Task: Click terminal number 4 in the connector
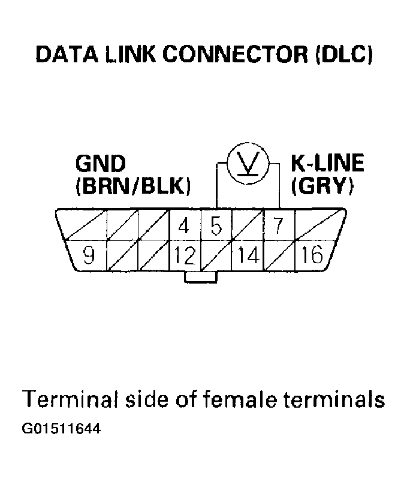click(185, 226)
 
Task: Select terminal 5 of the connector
click(216, 226)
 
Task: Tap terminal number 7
click(278, 226)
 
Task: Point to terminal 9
click(89, 256)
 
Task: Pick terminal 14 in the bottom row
click(247, 257)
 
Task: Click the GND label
click(101, 164)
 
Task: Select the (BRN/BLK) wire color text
click(133, 186)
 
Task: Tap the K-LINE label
click(327, 164)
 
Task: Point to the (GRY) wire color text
click(322, 186)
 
